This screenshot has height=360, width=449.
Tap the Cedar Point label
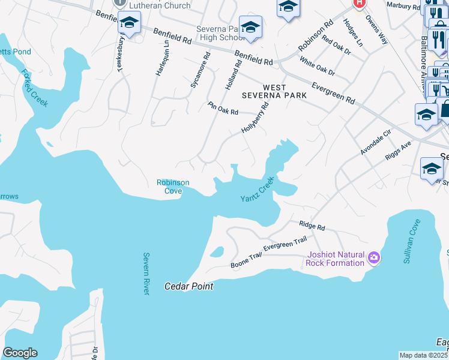pyautogui.click(x=189, y=287)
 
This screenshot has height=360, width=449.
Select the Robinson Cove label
pyautogui.click(x=173, y=187)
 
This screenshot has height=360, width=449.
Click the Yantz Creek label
pyautogui.click(x=257, y=190)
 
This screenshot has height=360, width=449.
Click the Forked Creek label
pyautogui.click(x=34, y=88)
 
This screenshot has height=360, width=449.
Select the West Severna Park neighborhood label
pyautogui.click(x=274, y=91)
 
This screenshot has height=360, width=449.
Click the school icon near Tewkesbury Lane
pyautogui.click(x=128, y=23)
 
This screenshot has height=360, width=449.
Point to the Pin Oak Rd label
pyautogui.click(x=223, y=109)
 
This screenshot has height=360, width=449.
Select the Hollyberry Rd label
pyautogui.click(x=255, y=118)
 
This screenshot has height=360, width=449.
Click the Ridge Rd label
pyautogui.click(x=312, y=226)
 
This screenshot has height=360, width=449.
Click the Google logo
pyautogui.click(x=20, y=353)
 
